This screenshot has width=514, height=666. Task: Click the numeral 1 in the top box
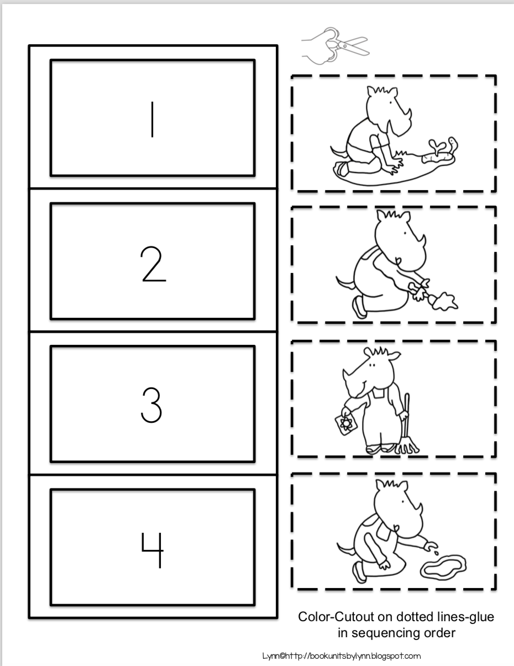point(153,119)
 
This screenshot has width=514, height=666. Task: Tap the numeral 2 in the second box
point(153,264)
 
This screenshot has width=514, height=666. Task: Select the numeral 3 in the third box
point(151,405)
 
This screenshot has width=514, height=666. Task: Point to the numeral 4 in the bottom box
point(153,550)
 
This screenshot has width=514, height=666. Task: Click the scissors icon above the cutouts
point(335,46)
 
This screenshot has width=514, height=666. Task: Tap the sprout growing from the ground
point(435,145)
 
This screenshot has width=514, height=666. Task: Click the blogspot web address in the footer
point(341,656)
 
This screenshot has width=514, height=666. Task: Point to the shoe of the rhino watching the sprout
point(340,169)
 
